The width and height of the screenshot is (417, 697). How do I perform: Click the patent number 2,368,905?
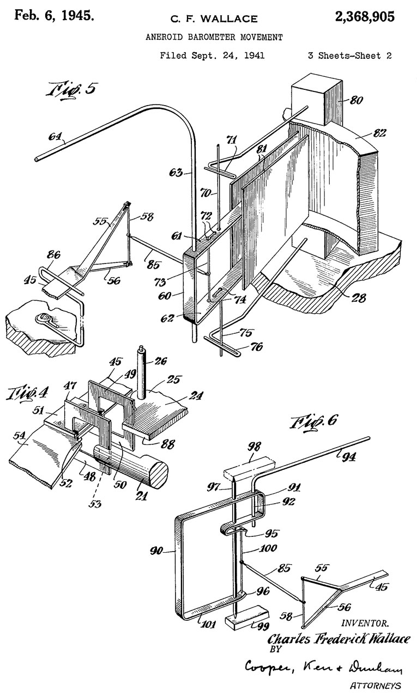coord(365,16)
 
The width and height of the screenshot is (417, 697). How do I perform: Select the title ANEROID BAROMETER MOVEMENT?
coord(214,38)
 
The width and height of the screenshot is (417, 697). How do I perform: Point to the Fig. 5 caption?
coord(71,90)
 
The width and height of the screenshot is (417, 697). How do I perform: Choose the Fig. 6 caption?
coord(314,421)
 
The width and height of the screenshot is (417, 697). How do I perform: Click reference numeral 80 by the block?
coord(356,100)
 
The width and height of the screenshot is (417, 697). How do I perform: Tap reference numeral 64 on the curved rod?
coord(55,137)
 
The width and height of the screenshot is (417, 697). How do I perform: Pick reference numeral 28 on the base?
coord(358,298)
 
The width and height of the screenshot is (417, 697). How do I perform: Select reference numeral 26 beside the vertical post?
coord(160,361)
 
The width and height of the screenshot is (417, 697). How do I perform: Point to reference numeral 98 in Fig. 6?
coord(254,447)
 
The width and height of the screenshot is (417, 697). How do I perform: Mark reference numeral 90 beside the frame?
coord(156,551)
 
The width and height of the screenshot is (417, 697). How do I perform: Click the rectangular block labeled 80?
coord(316,99)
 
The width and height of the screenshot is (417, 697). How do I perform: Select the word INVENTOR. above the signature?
coord(365,623)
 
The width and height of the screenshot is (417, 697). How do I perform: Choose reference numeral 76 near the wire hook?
coord(256,346)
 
